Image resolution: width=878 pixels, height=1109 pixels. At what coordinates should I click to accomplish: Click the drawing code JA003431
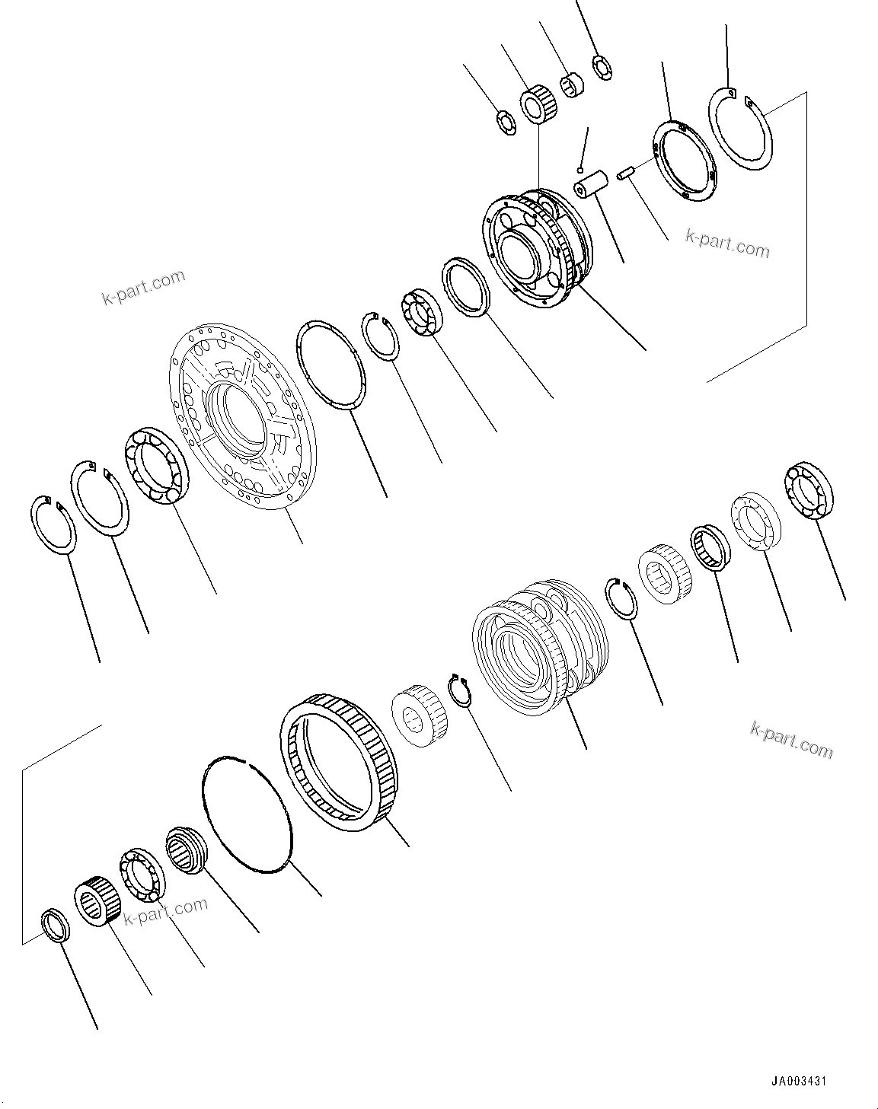click(x=798, y=1082)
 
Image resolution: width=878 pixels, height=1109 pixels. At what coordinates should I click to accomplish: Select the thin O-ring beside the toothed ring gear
click(x=247, y=811)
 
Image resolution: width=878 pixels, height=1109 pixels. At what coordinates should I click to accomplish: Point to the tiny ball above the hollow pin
click(x=580, y=168)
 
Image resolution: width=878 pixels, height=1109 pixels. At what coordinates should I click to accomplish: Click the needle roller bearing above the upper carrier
click(x=538, y=106)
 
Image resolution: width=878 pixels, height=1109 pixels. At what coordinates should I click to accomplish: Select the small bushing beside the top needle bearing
click(x=573, y=85)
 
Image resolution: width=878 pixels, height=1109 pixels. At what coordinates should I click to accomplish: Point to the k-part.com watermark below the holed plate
click(x=727, y=243)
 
